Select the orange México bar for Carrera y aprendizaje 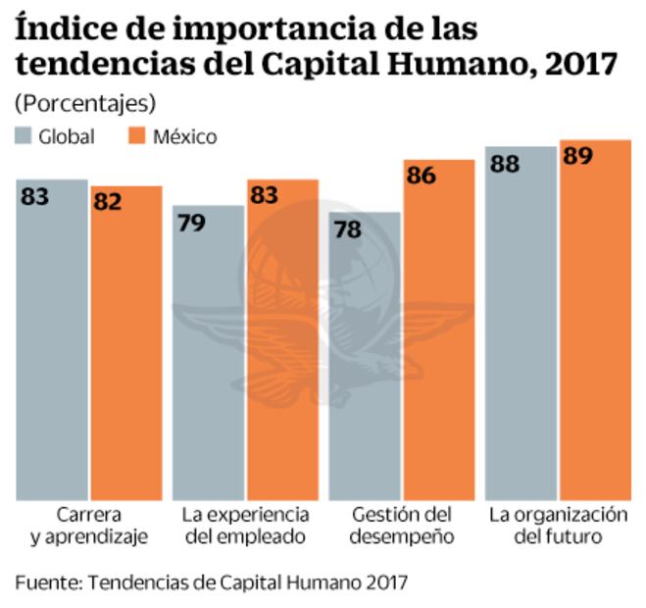coord(126,343)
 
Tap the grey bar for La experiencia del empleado coord(209,353)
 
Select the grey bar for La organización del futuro coord(521,324)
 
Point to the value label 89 coord(577,157)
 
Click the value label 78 coord(347,229)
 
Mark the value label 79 coord(191,223)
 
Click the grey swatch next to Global coord(24,136)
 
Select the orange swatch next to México coord(138,136)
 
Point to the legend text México coord(184,136)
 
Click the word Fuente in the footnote coord(45,582)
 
